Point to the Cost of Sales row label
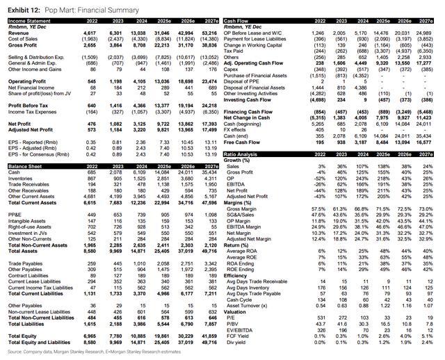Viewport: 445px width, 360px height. tap(22, 39)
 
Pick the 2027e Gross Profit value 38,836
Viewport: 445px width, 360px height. tap(207, 44)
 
